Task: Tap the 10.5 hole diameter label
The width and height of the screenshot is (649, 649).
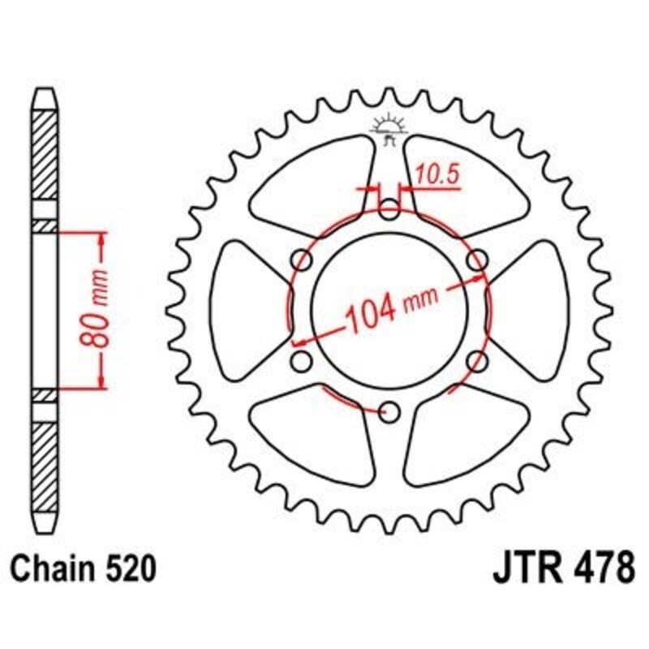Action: pyautogui.click(x=434, y=173)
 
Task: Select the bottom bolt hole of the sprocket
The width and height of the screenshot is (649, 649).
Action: pyautogui.click(x=390, y=412)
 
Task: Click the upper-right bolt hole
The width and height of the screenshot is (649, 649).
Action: pyautogui.click(x=479, y=260)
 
